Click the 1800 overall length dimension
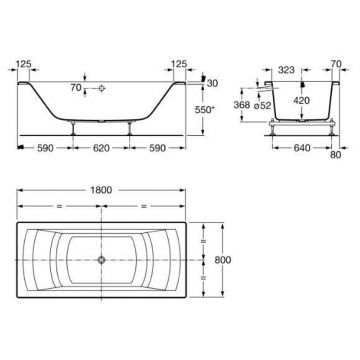(x=100, y=190)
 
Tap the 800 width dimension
(x=222, y=260)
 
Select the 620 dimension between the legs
(x=101, y=148)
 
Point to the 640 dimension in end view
(x=302, y=147)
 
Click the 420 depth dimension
(x=302, y=100)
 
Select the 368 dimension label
(x=242, y=105)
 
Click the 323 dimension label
(x=286, y=70)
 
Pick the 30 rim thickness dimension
(x=212, y=83)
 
